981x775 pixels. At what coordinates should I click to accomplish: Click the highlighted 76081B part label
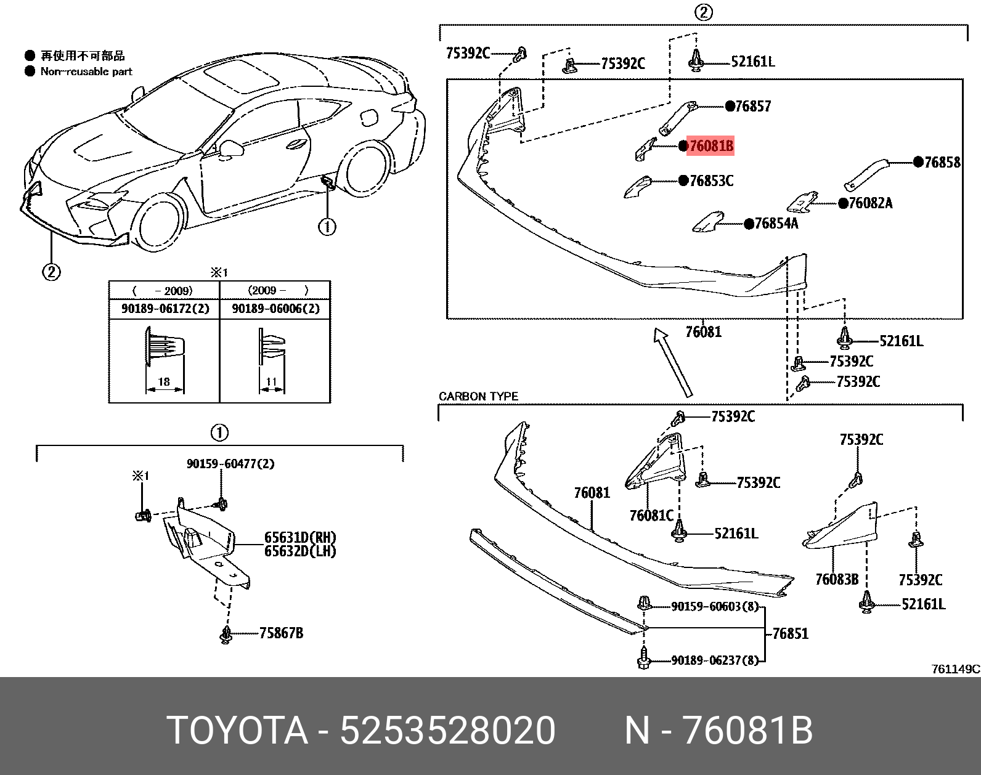[709, 147]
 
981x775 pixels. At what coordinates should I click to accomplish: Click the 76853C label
[711, 181]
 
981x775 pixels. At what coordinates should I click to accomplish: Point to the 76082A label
[869, 203]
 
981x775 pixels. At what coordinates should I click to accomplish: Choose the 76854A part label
[776, 224]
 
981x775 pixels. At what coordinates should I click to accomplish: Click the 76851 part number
[790, 633]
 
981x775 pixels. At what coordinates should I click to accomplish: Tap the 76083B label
[836, 579]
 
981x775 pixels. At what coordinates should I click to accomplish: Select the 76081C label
[651, 515]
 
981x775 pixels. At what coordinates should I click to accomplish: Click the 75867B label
[281, 633]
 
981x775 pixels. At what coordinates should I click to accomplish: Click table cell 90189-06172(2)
[164, 309]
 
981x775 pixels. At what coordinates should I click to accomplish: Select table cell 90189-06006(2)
[275, 309]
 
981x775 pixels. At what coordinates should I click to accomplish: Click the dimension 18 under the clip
[164, 382]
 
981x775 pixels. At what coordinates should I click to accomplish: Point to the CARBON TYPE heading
[478, 396]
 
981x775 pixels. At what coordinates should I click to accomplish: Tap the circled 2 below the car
[51, 271]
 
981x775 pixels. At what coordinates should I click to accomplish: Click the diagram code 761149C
[955, 669]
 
